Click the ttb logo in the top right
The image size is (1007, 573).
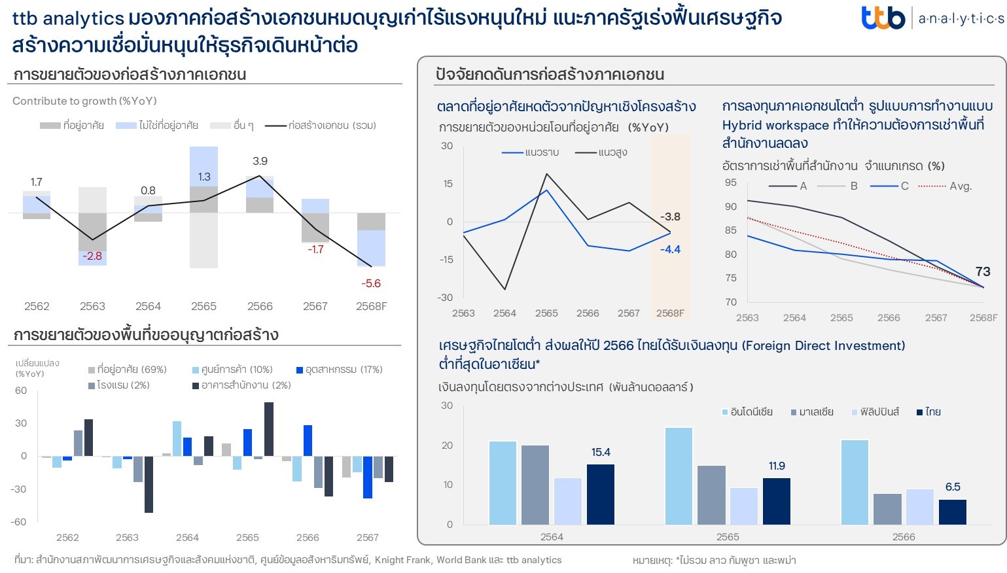point(883,18)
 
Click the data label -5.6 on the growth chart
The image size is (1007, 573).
point(371,283)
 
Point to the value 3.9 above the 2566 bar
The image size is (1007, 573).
point(260,161)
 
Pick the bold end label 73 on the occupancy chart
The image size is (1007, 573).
point(982,271)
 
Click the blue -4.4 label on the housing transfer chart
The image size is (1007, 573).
point(670,249)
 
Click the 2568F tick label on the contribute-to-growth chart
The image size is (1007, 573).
point(371,306)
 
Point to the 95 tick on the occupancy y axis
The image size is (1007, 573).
point(730,182)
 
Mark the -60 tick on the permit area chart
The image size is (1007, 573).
point(18,521)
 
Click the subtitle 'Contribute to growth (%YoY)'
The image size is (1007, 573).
point(84,101)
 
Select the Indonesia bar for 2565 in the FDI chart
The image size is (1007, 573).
point(679,476)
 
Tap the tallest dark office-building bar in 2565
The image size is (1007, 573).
point(269,429)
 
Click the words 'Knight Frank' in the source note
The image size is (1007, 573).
point(402,560)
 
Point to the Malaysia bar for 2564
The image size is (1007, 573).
point(535,484)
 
